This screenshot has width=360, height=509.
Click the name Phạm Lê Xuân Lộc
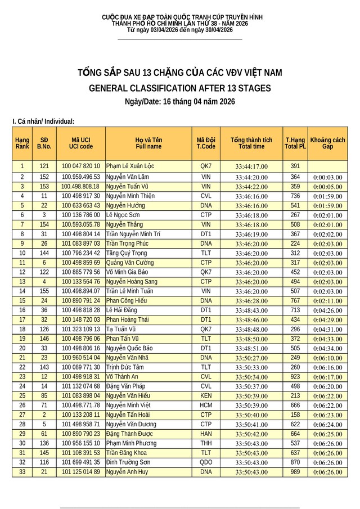130,166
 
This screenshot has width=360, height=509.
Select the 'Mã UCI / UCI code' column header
81,143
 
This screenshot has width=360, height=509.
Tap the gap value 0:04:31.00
327,329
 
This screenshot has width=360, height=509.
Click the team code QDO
206,462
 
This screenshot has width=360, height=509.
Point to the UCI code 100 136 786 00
81,215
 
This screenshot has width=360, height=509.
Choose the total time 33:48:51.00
251,348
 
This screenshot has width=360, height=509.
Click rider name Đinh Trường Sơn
129,462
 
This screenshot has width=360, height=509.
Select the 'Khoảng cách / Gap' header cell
327,143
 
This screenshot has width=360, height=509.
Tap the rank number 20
22,348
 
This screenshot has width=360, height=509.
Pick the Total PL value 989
295,471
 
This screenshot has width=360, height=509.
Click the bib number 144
44,253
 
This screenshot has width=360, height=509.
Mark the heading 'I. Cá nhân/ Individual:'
43,121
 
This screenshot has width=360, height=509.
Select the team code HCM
206,405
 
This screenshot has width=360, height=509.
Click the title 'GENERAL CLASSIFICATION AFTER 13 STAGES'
179,88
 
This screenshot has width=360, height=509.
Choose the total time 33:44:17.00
251,166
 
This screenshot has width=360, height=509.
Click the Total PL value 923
295,376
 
